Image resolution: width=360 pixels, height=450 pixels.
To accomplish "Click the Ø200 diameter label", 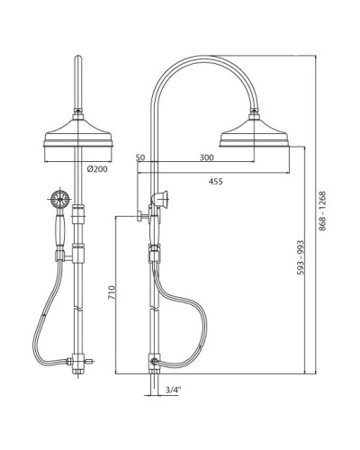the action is tap(97, 169).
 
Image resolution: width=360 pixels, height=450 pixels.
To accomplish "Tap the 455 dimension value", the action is tap(216, 181).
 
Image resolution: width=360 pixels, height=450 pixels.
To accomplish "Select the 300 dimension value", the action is tap(207, 157).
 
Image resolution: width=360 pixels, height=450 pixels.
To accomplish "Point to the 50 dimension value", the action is tap(140, 157).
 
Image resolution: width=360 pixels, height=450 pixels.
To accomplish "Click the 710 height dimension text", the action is tap(112, 292).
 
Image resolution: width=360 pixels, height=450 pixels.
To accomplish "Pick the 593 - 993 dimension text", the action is tap(301, 257).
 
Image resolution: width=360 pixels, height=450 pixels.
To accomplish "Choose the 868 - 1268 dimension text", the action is tap(322, 211).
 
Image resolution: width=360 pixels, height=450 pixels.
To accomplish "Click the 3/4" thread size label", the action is tap(174, 390).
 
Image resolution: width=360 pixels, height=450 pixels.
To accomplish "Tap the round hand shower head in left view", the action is tap(60, 198).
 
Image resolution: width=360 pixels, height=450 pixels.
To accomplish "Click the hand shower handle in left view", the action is tap(60, 229).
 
